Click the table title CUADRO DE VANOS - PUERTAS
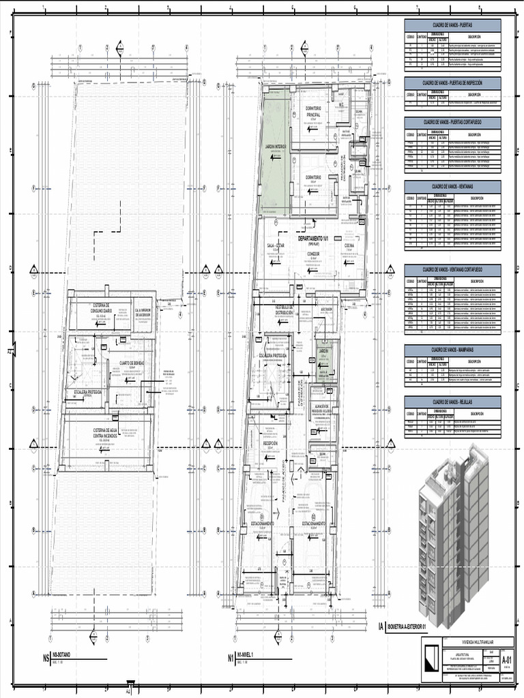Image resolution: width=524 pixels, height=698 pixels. pyautogui.click(x=452, y=25)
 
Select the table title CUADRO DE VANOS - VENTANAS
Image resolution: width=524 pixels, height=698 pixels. pyautogui.click(x=452, y=185)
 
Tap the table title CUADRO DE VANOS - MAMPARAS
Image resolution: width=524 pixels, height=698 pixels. pyautogui.click(x=452, y=350)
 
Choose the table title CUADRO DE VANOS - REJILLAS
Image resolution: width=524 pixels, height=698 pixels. pyautogui.click(x=452, y=401)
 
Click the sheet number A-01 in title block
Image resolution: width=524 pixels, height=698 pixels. pyautogui.click(x=507, y=661)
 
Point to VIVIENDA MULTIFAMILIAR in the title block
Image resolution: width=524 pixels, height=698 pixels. pyautogui.click(x=471, y=641)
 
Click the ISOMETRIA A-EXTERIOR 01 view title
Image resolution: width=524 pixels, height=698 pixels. pyautogui.click(x=406, y=626)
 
